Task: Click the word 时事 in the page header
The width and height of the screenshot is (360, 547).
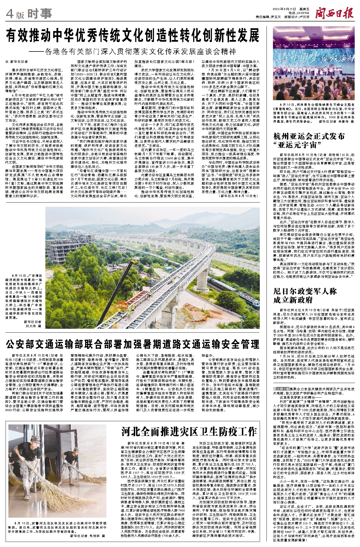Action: [x=40, y=13]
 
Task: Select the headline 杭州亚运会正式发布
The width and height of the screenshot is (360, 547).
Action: [x=309, y=136]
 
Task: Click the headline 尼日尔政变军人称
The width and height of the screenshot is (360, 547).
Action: [x=305, y=291]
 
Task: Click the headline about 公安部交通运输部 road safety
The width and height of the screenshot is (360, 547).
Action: [x=133, y=344]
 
